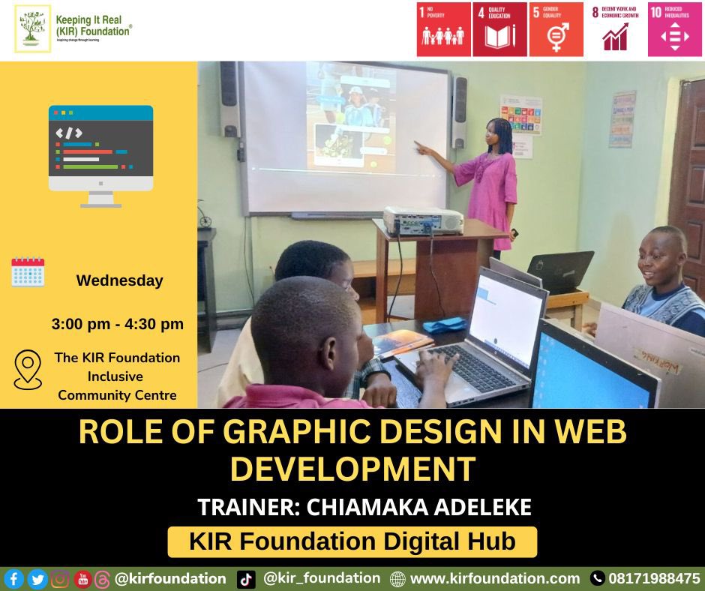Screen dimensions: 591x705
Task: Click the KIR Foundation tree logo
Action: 33,28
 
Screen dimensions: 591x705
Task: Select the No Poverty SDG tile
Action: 443,29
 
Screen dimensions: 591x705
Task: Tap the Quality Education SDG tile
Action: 499,29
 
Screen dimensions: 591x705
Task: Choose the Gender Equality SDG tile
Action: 556,29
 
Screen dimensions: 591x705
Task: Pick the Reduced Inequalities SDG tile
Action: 675,29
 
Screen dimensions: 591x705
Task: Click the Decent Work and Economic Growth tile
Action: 615,29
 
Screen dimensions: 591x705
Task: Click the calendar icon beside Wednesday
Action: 28,272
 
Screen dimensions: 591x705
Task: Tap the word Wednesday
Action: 119,280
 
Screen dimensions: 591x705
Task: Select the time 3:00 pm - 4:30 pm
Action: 118,325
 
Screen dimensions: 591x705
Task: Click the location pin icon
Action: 28,370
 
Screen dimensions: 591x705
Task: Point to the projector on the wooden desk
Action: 423,220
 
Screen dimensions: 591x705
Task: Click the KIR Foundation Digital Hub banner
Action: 352,541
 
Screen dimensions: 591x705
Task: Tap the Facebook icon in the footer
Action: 13,579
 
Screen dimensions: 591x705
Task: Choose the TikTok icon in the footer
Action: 246,579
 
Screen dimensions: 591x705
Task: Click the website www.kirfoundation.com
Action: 495,579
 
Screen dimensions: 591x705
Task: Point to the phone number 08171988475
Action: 655,579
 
